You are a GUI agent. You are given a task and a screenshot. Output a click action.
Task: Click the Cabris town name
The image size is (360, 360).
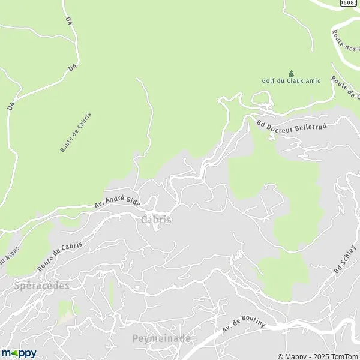(x=156, y=220)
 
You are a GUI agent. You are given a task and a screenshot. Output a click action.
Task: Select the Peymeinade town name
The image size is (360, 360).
(x=161, y=338)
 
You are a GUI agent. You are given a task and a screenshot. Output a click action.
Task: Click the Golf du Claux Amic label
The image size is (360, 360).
(x=291, y=81)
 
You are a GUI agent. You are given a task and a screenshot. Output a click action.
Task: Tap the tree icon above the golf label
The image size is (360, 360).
(x=292, y=73)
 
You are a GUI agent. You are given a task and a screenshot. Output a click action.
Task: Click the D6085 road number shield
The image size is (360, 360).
(x=349, y=3)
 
